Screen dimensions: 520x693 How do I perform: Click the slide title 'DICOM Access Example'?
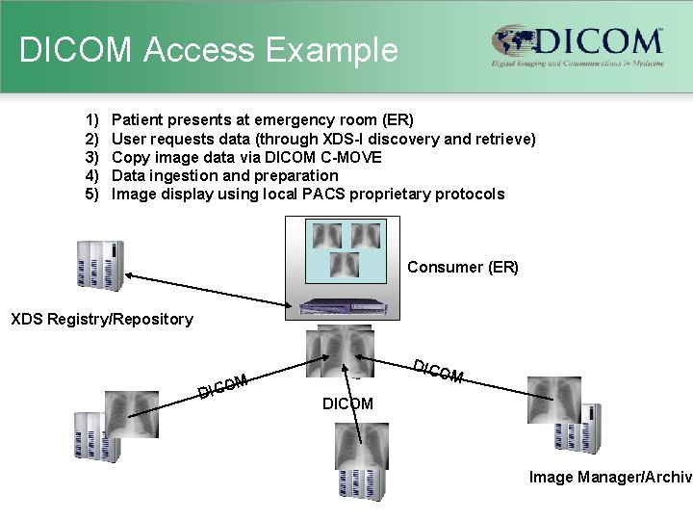coord(208,50)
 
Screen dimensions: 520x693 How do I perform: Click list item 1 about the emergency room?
coord(262,120)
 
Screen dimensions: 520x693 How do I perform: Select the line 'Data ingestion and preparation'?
coord(225,175)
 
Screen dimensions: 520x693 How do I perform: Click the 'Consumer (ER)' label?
coord(462,267)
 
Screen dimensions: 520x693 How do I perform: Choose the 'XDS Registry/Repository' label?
coord(101,319)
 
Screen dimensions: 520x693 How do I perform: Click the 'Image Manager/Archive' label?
coord(610,476)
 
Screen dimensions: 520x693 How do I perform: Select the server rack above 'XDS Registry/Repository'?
coord(101,263)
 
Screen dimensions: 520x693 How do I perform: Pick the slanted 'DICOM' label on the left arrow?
coord(224,385)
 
